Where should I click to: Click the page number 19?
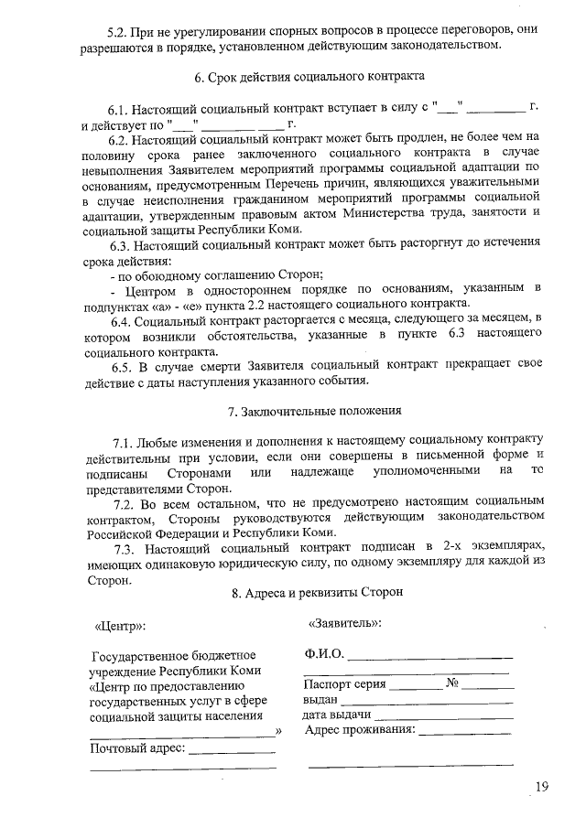pyautogui.click(x=543, y=786)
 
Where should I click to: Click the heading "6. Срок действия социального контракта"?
pyautogui.click(x=314, y=81)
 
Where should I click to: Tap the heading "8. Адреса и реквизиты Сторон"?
pyautogui.click(x=314, y=592)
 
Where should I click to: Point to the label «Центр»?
pyautogui.click(x=120, y=628)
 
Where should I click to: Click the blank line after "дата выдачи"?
pyautogui.click(x=441, y=715)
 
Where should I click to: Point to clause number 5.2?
pyautogui.click(x=121, y=29)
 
